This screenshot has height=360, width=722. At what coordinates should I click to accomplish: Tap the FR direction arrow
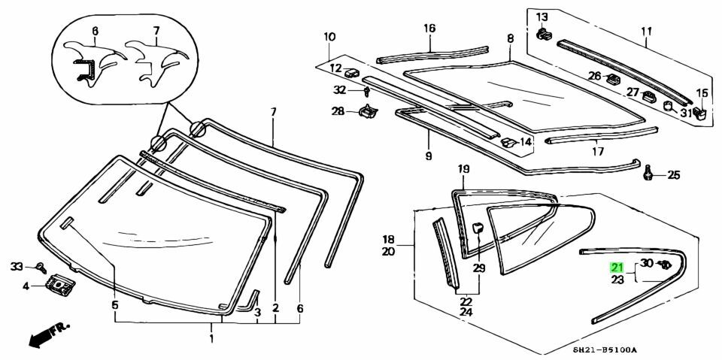[x=47, y=334]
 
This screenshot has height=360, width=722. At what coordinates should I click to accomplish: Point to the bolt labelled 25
[x=648, y=174]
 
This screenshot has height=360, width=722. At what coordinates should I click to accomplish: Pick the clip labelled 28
[x=367, y=112]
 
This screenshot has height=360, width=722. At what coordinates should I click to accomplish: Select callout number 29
[x=479, y=268]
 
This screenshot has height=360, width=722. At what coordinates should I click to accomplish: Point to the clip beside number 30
[x=666, y=264]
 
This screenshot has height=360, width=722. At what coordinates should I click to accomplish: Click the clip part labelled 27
[x=648, y=95]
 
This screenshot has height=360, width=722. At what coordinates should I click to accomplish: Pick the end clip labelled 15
[x=699, y=113]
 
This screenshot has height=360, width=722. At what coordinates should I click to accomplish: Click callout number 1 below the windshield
[x=211, y=339]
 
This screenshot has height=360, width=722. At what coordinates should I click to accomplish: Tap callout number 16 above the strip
[x=429, y=29]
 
